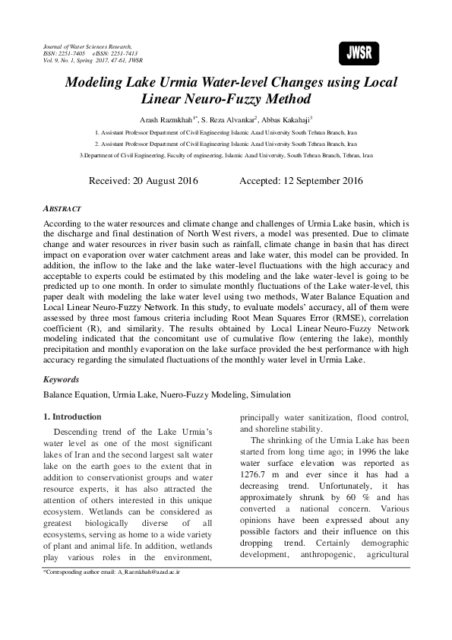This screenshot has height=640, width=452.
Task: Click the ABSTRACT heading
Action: click(x=62, y=208)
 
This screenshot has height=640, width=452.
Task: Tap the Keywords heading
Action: click(x=61, y=378)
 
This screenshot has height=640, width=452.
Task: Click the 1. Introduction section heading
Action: click(x=72, y=417)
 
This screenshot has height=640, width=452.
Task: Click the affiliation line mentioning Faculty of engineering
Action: click(x=226, y=154)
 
